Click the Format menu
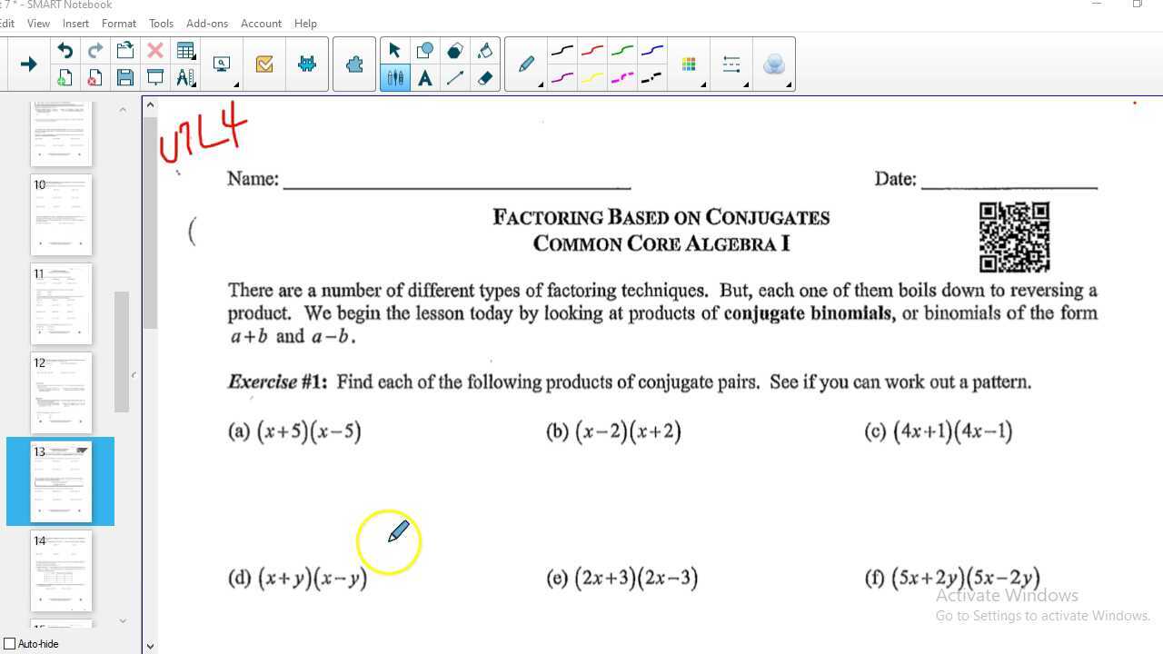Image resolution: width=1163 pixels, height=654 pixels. (118, 23)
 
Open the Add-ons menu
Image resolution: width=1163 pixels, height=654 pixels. (206, 23)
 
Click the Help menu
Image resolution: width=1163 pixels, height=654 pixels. (305, 23)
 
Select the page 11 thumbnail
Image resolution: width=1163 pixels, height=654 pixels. (61, 303)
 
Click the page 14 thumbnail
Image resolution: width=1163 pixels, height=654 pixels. (61, 570)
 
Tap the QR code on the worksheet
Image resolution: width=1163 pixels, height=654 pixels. (1014, 237)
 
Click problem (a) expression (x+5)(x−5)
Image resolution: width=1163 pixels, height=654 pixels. (309, 431)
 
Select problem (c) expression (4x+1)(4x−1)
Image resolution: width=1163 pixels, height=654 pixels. (952, 431)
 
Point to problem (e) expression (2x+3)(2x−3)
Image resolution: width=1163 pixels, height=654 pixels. (636, 578)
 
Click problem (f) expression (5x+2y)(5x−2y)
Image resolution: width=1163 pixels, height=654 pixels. (965, 578)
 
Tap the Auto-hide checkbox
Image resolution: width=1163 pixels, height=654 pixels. (10, 644)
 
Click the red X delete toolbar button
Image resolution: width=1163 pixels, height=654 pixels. (154, 51)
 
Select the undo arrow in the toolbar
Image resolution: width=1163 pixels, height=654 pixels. (65, 51)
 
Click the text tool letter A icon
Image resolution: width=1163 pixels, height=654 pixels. (424, 78)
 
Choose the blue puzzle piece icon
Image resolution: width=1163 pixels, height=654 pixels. (354, 64)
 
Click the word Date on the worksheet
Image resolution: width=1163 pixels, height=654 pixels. (895, 179)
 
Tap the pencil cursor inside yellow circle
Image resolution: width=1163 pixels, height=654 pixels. (398, 532)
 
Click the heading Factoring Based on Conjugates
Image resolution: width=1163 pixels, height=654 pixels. (661, 218)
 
